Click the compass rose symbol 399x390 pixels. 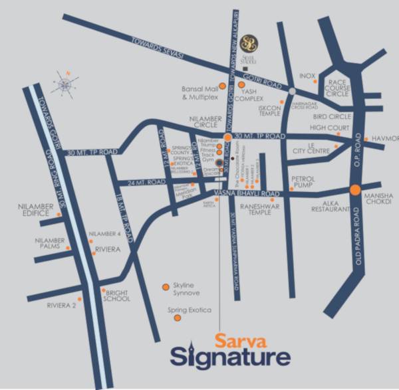point(65,84)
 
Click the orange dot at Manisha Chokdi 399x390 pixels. point(355,189)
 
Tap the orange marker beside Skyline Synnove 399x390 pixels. point(166,287)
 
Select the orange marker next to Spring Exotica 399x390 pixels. point(177,318)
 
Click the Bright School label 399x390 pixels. point(117,295)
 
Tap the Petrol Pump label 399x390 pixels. point(307,183)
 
